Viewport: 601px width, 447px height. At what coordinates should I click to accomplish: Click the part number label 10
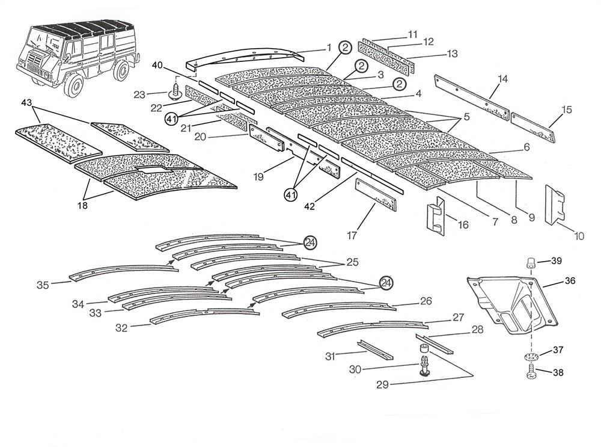579,236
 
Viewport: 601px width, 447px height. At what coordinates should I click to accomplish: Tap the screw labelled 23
176,92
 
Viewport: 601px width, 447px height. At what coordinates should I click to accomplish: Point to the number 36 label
570,281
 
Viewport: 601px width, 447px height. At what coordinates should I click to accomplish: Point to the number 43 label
26,103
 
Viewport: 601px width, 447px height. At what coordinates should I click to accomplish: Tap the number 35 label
43,284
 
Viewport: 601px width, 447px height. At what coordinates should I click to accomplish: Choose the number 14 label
502,79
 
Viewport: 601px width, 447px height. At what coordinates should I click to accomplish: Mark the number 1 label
329,48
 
